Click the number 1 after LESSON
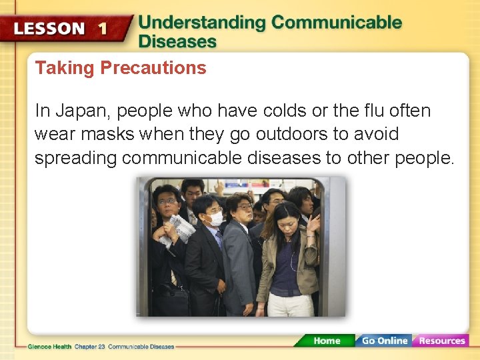101,29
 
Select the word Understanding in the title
201,22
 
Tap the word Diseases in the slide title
177,41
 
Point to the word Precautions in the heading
153,68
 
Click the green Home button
327,341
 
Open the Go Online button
384,341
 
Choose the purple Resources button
441,341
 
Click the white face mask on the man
215,219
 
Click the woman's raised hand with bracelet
313,223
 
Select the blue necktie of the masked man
219,239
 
